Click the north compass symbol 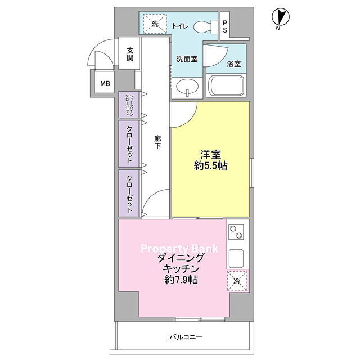click(x=281, y=18)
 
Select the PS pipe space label click(x=225, y=26)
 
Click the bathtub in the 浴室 click(x=226, y=85)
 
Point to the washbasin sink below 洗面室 click(x=187, y=87)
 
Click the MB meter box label click(x=105, y=83)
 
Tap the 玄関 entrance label click(x=130, y=54)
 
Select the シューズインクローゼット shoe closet click(x=129, y=105)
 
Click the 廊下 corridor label click(x=157, y=142)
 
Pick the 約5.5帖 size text click(x=211, y=166)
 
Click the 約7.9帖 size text click(x=181, y=280)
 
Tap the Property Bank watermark click(x=179, y=249)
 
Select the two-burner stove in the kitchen click(x=236, y=232)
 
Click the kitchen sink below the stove click(x=236, y=258)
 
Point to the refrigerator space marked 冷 click(x=237, y=281)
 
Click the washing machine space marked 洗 click(x=155, y=24)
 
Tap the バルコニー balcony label click(x=186, y=337)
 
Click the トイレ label click(x=180, y=26)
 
